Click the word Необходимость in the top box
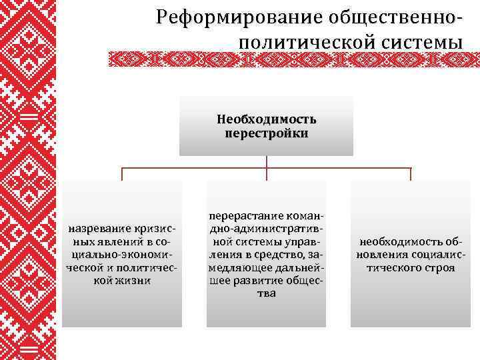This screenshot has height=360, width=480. tap(267, 120)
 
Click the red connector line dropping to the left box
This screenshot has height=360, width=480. tap(122, 173)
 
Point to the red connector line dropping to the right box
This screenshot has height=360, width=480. tap(411, 173)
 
